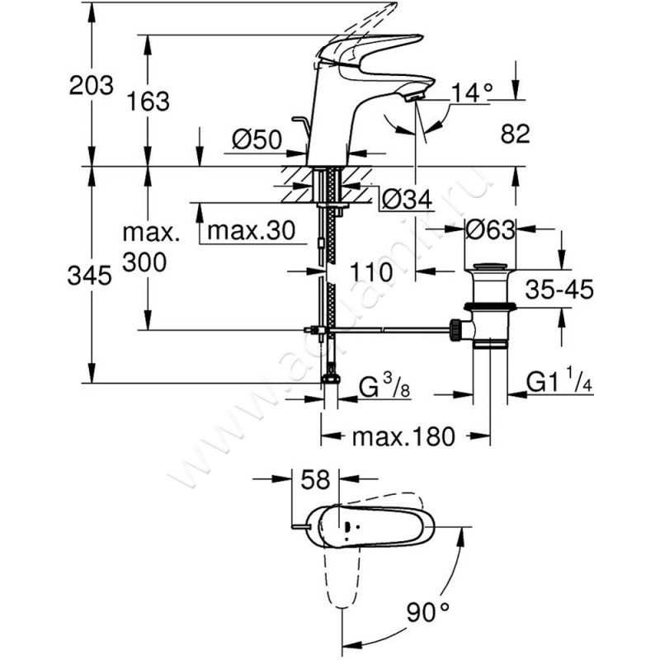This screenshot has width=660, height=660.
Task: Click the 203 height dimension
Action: coord(92,86)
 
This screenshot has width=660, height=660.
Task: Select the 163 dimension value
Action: coord(148,101)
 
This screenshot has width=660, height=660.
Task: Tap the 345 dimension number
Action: coord(90,276)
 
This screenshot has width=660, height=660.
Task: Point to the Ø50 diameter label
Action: coord(257,139)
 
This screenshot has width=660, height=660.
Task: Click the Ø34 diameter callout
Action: coord(407,199)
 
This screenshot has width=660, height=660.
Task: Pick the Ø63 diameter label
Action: coord(490,230)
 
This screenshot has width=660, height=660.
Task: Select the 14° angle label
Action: coord(471,93)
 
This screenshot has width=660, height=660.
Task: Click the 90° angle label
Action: coord(427,612)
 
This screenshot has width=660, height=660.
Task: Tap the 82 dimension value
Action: coord(515,134)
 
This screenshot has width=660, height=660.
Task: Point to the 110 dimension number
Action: coord(370,272)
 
